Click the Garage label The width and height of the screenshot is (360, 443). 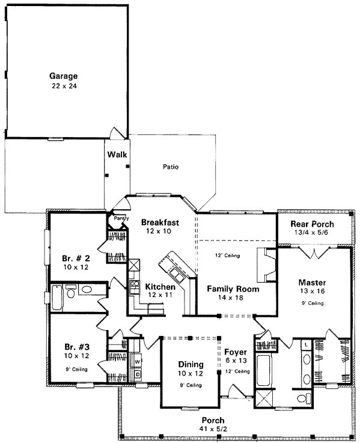pos(64,76)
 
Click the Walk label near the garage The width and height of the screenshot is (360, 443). pos(117,154)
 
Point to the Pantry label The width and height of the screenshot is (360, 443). pos(116,218)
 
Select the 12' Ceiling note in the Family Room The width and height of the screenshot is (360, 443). pos(227,255)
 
